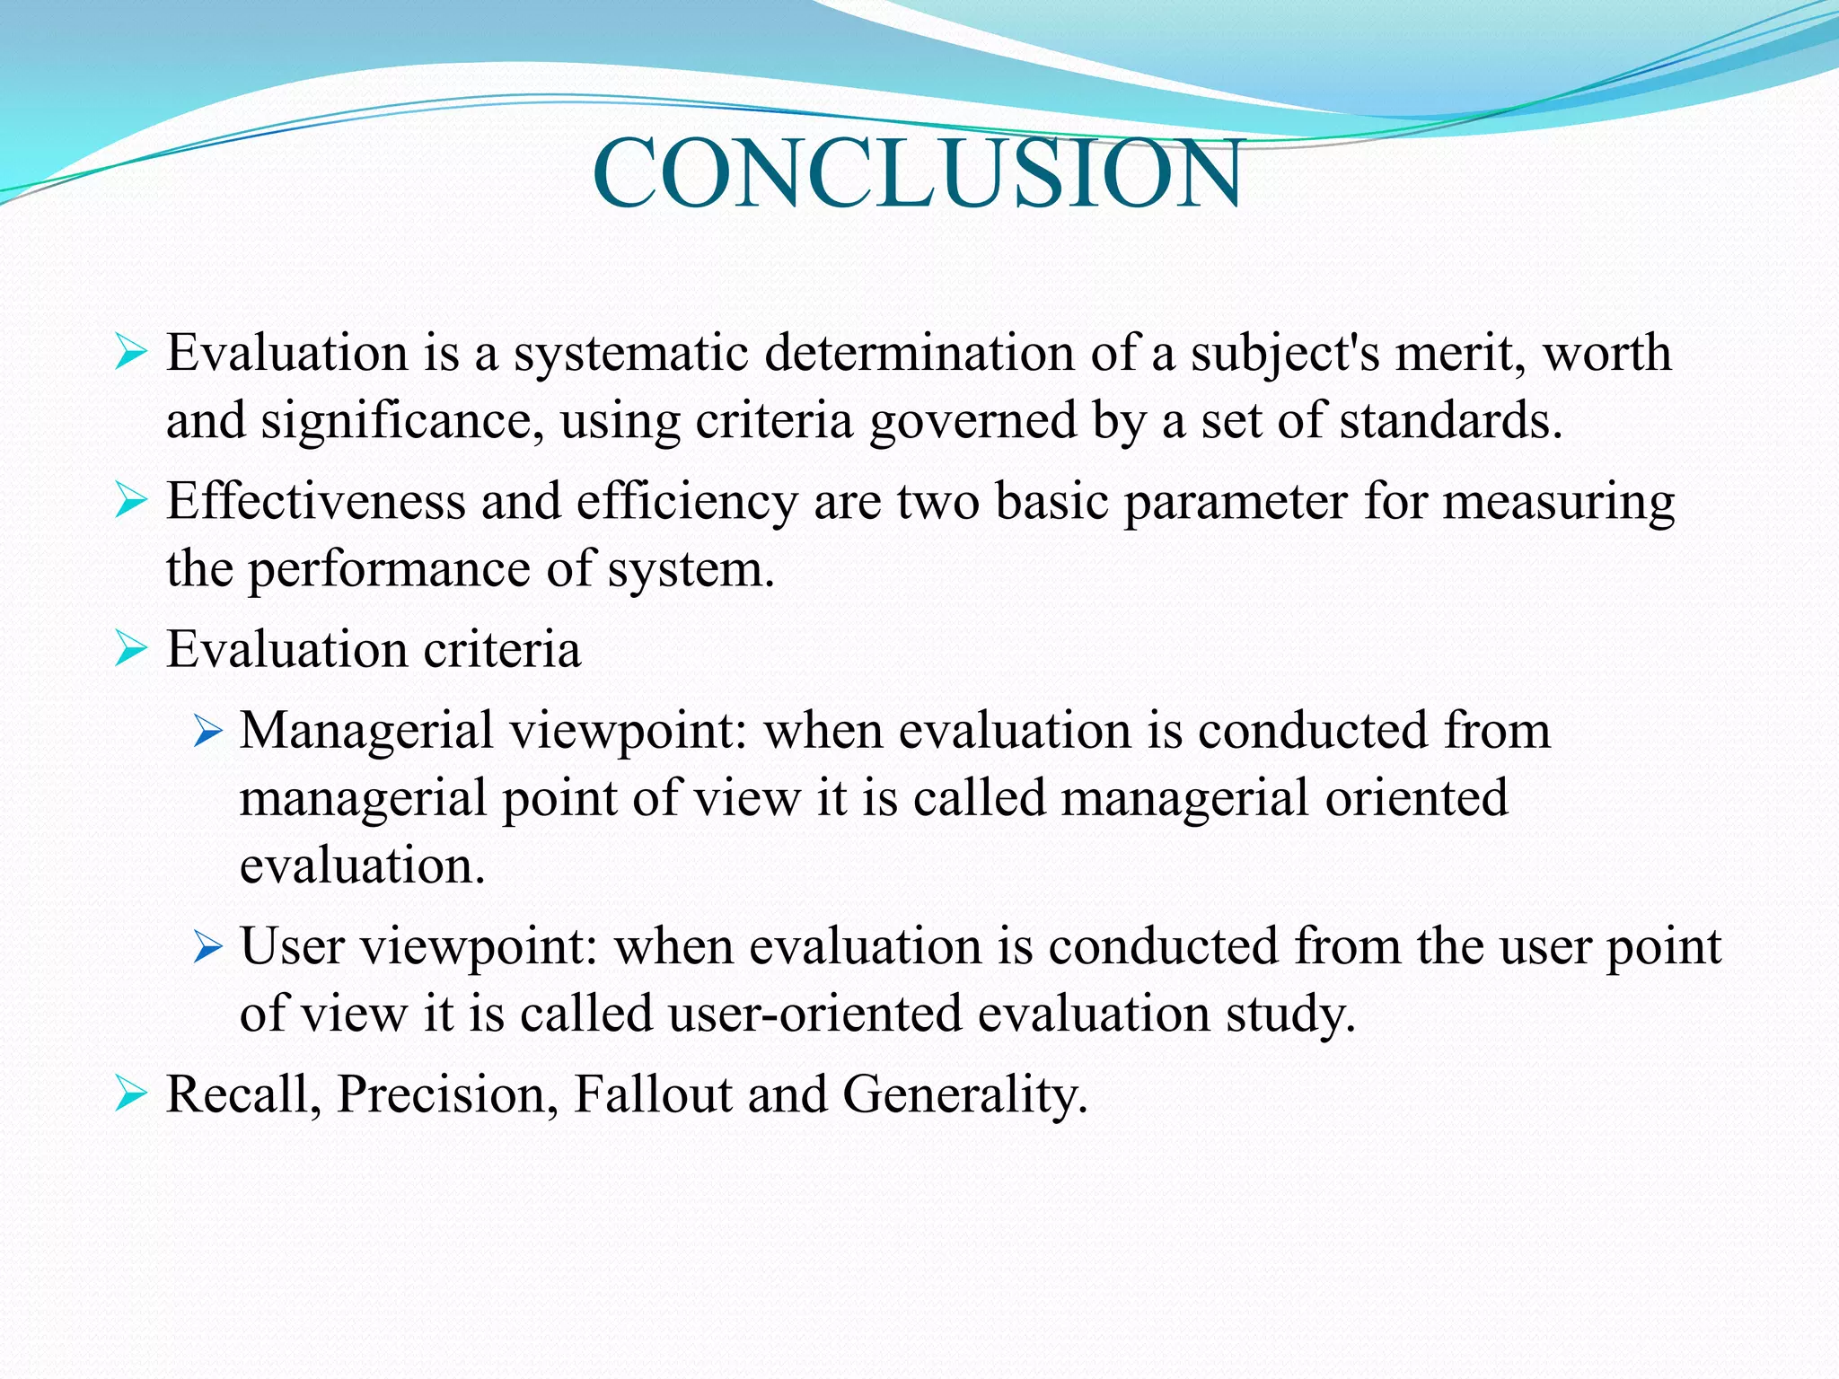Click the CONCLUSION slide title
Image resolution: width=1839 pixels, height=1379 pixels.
918,172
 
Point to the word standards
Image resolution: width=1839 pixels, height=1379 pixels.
1450,421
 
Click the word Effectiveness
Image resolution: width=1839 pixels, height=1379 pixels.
315,501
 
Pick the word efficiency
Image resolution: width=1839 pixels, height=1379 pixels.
687,501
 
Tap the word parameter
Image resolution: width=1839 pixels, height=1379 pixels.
1236,501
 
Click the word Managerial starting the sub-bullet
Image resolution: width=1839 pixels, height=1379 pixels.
366,730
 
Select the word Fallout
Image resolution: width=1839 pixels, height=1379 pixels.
653,1094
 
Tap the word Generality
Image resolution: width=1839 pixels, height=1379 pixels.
964,1094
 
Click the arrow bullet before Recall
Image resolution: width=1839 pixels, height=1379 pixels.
130,1094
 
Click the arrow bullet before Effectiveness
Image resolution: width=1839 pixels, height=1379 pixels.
130,501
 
